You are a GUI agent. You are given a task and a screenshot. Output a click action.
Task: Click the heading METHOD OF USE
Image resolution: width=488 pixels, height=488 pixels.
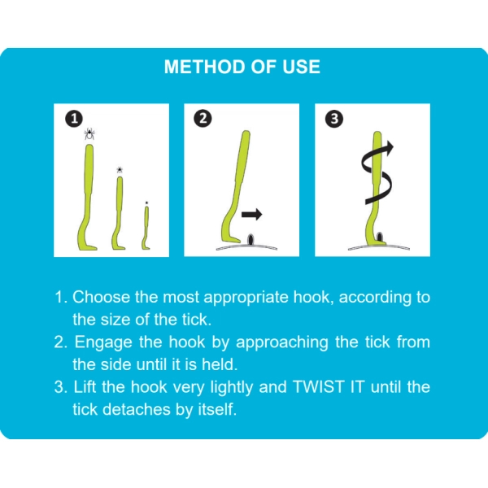coord(242,67)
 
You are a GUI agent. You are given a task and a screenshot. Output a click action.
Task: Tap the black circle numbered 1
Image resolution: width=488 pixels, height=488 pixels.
coord(74,119)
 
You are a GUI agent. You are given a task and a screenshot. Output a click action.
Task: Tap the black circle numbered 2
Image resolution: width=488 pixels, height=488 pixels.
coord(203,119)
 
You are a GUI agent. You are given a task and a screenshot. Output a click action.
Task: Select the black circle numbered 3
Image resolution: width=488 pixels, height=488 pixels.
coord(334,119)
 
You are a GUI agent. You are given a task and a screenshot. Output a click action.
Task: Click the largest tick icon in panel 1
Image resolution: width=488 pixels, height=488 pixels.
coord(89,134)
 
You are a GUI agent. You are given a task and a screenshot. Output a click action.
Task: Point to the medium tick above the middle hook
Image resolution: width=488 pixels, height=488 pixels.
coord(120,170)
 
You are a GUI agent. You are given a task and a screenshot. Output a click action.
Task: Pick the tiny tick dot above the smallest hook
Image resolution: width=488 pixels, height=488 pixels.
coord(146,203)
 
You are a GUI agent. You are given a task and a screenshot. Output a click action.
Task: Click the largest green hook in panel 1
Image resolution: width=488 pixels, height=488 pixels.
coord(88,199)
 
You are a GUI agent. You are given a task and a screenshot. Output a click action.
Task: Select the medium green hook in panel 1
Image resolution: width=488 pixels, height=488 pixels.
coord(119,215)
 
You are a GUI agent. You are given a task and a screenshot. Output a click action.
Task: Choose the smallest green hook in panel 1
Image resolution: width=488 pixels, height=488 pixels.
coord(146,229)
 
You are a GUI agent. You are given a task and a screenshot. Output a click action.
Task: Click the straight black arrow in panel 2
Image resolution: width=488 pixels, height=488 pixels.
coord(252,214)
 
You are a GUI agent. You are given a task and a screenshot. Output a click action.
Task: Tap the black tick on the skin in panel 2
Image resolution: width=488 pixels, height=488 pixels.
coord(251,240)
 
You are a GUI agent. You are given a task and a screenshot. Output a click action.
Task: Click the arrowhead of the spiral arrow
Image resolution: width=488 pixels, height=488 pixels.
coord(388,148)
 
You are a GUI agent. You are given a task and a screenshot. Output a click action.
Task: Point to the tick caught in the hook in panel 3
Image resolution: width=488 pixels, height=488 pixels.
coord(380,237)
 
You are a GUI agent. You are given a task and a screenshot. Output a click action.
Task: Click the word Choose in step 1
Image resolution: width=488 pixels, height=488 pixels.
coord(101,297)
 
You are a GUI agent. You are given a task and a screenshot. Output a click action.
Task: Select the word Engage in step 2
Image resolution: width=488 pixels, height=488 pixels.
coord(103,342)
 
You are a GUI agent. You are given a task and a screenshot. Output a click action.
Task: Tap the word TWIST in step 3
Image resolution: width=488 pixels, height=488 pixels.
coord(318,387)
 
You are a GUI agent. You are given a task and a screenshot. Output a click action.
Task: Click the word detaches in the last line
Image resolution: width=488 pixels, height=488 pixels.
coord(137,409)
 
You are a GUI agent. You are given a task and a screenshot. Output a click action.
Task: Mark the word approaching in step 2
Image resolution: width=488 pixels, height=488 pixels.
coord(282,343)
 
